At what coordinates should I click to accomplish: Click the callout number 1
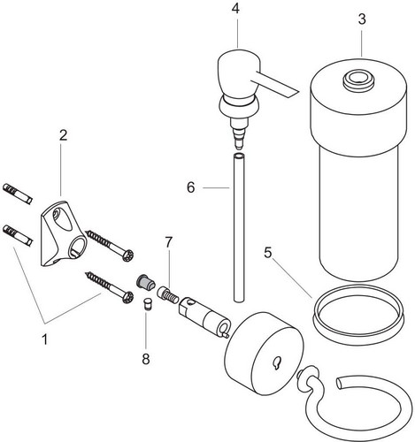coord(45,339)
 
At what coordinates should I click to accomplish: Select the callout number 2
coord(63,135)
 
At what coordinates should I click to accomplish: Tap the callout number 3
coord(362,19)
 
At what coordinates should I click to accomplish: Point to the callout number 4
coord(235,9)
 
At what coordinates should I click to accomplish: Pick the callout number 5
coord(268,253)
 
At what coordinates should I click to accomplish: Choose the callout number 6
coord(191,187)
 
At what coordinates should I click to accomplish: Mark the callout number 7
coord(168,242)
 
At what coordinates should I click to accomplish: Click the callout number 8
coord(146,359)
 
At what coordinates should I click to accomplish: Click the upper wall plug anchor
coord(18,194)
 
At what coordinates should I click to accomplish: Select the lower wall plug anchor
coord(18,235)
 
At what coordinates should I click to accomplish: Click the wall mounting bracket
coord(63,233)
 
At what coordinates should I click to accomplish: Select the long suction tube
coord(239,227)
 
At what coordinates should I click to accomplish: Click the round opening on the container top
coord(357,79)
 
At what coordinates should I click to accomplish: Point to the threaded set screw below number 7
coord(168,294)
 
